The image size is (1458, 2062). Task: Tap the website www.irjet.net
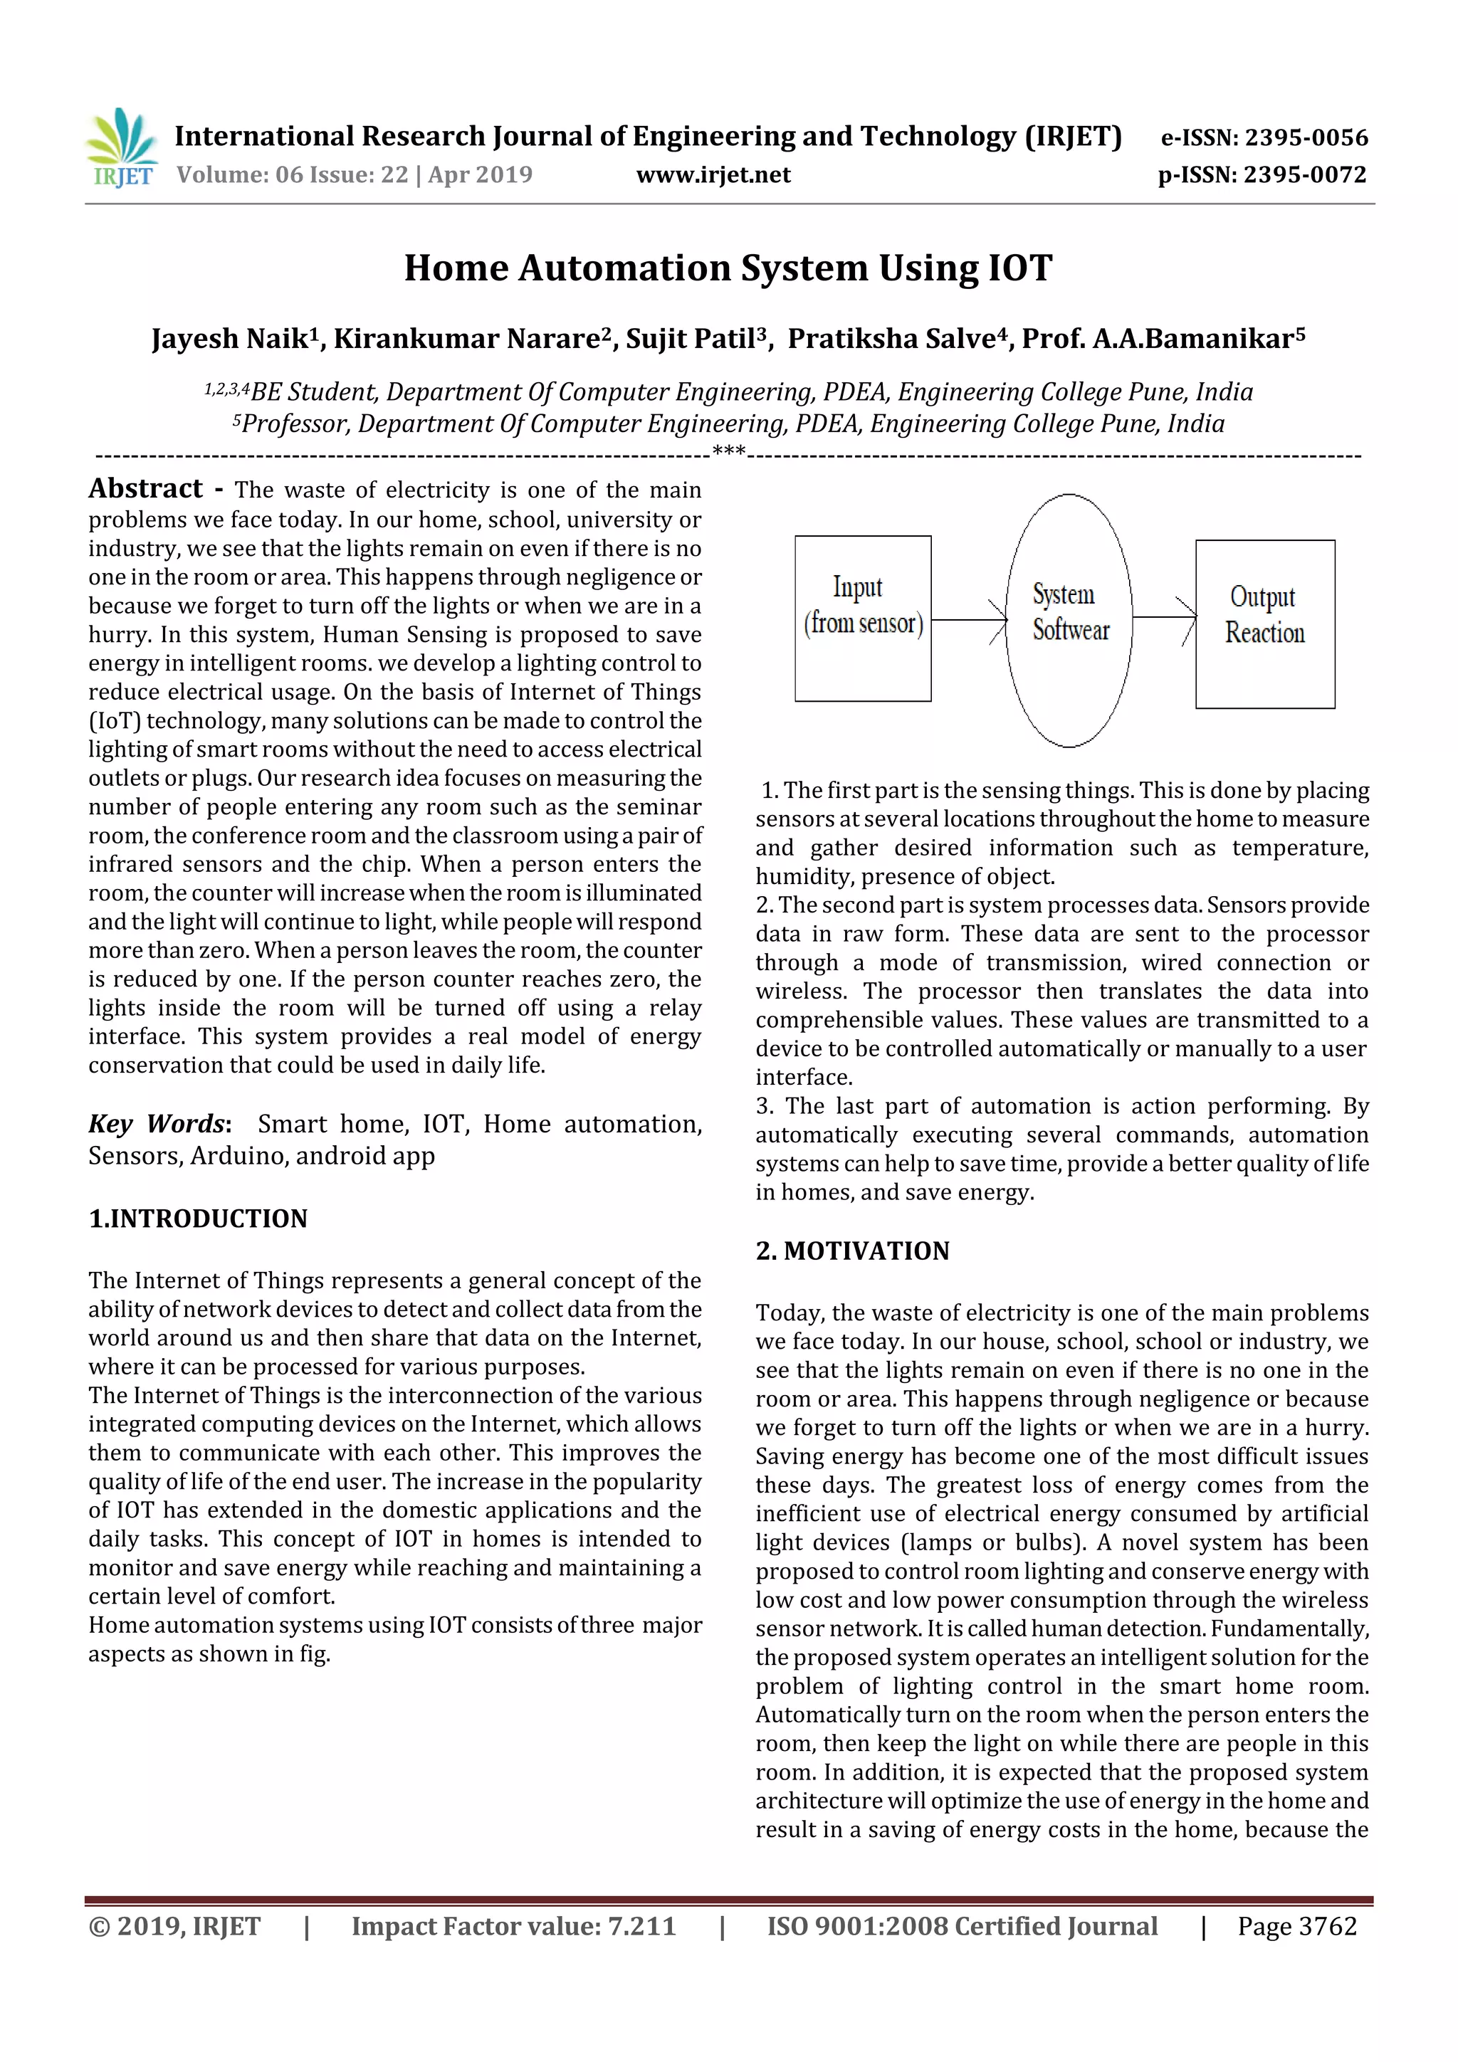[713, 174]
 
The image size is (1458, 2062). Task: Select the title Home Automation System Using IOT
[728, 268]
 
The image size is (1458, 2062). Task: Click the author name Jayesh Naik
[229, 339]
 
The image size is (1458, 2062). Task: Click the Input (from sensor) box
[862, 618]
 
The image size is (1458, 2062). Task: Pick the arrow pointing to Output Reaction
[1163, 617]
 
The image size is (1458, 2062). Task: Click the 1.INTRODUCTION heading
[198, 1218]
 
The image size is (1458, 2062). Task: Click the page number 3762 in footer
[1327, 1925]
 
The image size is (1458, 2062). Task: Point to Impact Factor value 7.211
[513, 1925]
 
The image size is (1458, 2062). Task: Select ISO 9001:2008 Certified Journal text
[961, 1925]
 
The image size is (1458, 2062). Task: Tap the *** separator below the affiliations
[728, 452]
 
